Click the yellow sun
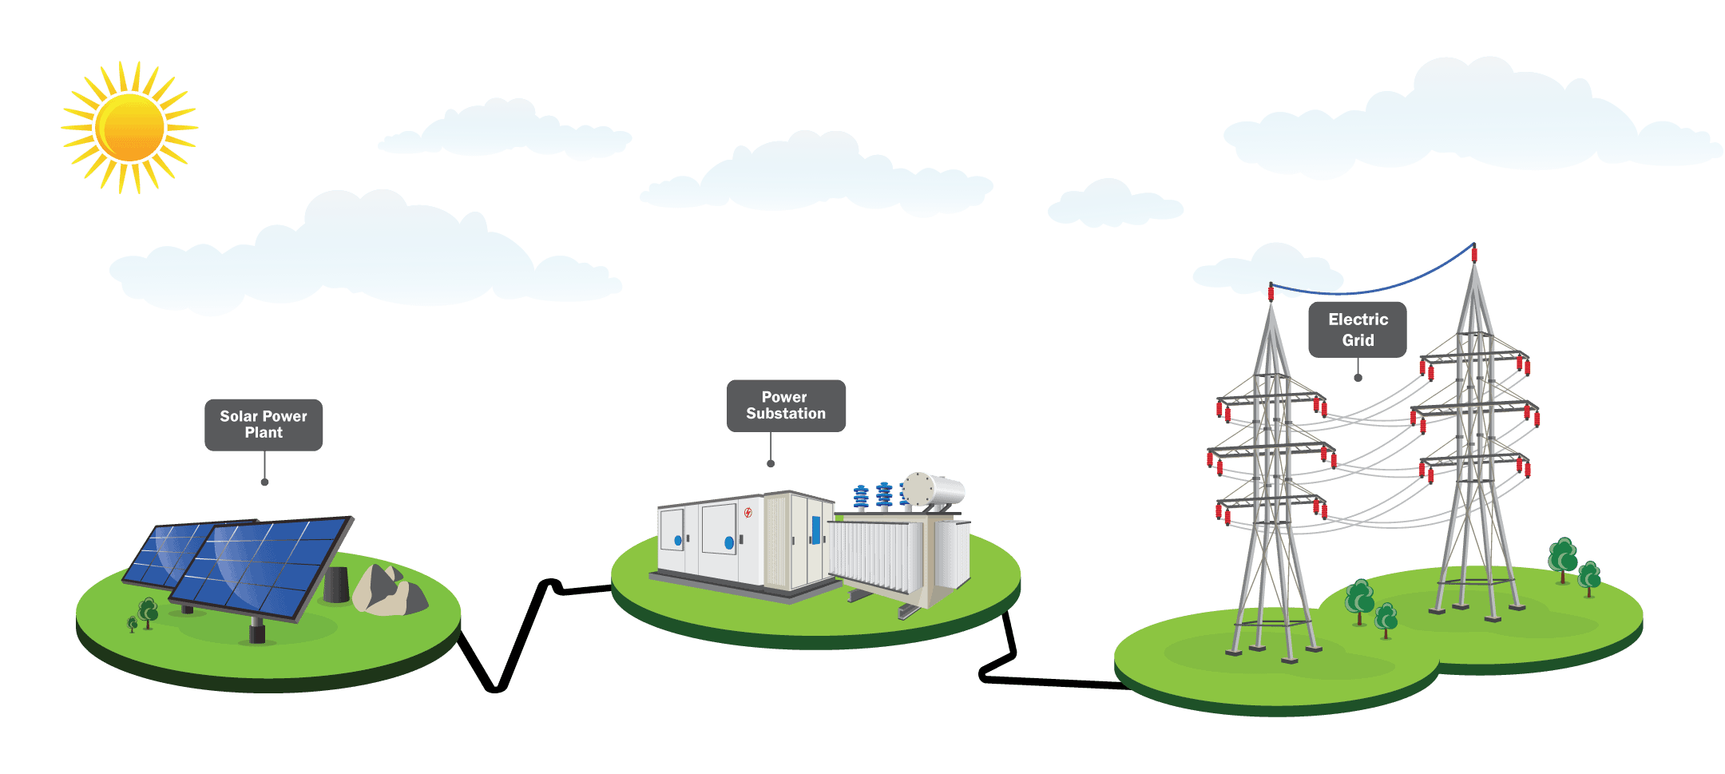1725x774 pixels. point(129,128)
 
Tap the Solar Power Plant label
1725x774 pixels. point(264,424)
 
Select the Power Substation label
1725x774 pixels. point(786,405)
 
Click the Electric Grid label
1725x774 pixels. point(1358,329)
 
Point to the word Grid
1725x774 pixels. point(1358,340)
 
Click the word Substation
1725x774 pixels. point(786,414)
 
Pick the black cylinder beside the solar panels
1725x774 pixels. point(336,585)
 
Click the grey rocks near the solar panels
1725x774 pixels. point(387,592)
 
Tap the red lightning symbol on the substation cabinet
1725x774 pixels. point(747,513)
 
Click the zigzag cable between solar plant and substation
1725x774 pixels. point(519,639)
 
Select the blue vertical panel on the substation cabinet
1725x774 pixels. point(815,529)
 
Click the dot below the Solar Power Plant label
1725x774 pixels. point(264,482)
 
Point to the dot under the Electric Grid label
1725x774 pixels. point(1358,378)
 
